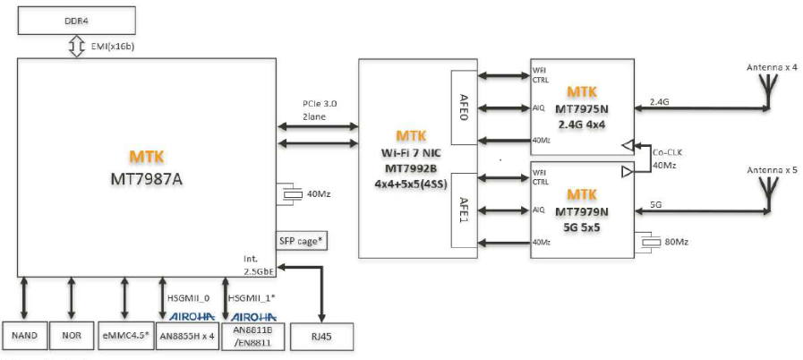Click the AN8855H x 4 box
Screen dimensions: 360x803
tap(186, 337)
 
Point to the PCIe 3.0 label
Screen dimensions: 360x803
tap(320, 106)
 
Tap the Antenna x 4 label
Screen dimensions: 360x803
tap(771, 68)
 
